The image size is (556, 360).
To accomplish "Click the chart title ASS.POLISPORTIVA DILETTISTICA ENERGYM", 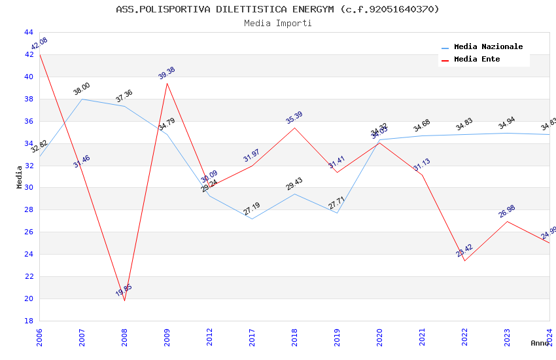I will pos(277,9).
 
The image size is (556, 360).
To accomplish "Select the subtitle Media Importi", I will pos(277,24).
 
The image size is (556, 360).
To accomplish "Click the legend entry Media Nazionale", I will pos(488,47).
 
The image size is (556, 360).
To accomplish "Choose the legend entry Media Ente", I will pos(477,60).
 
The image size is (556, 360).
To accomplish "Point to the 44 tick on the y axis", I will pos(28,32).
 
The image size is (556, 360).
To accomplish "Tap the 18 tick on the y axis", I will pos(28,321).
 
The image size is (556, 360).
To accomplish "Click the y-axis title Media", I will pos(20,177).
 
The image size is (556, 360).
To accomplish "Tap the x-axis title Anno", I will pos(540,343).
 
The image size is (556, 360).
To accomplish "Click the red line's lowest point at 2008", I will pos(124,300).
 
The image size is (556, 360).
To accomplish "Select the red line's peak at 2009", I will pos(167,83).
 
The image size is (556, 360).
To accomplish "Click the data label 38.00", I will pos(82,89).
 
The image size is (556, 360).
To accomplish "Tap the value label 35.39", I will pos(294,118).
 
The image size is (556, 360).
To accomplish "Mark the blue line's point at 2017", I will pos(252,219).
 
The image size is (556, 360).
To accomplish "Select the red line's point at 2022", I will pos(464,261).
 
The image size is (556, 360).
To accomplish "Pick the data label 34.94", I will pos(507,124).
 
